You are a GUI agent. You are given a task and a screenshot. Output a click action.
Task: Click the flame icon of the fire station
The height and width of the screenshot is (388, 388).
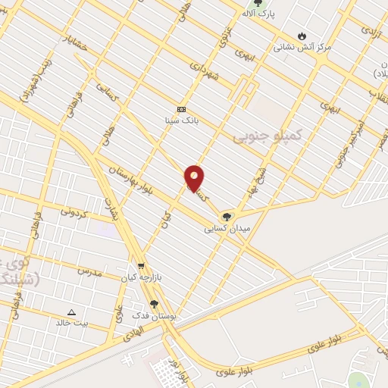[x=302, y=36]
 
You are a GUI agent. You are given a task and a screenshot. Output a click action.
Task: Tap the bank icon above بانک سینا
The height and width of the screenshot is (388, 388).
[x=181, y=108]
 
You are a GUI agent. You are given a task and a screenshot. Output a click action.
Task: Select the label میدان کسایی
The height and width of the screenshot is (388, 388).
[x=226, y=227]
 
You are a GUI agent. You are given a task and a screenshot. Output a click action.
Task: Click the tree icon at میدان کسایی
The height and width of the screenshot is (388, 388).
[x=226, y=217]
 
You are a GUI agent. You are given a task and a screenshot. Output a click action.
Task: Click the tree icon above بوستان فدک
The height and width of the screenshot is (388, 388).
[x=155, y=305]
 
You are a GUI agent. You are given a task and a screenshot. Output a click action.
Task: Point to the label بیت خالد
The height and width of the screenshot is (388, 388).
[x=71, y=322]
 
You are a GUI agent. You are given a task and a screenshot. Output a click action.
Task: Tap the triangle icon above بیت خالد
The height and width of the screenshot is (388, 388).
[x=72, y=311]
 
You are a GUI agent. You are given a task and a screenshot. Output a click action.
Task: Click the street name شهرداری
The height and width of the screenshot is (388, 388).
[x=205, y=72]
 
